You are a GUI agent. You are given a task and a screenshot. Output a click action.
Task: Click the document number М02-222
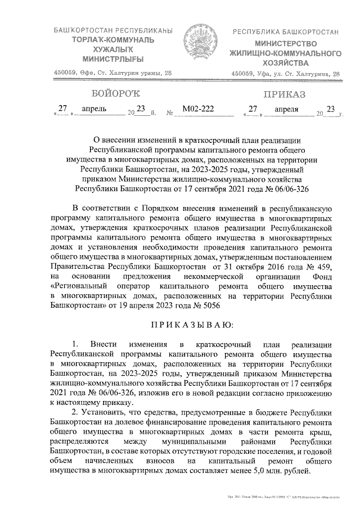[x=199, y=109]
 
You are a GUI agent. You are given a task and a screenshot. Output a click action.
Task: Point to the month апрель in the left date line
[x=94, y=109]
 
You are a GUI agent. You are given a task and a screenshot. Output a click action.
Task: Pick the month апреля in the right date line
[x=287, y=109]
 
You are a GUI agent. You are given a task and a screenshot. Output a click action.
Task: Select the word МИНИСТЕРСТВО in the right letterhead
[x=285, y=43]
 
